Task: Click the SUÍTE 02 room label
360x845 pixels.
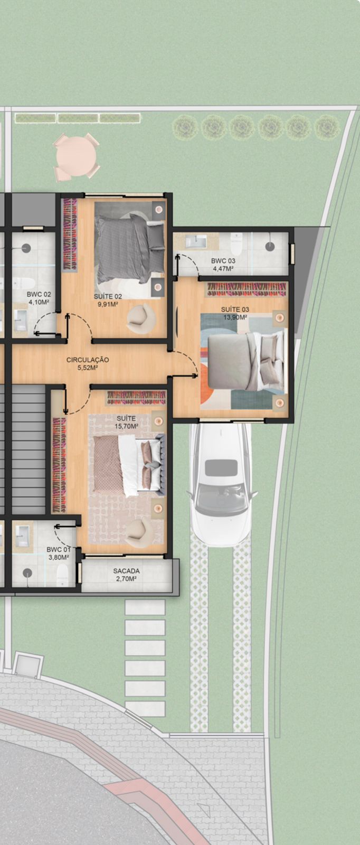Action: (108, 296)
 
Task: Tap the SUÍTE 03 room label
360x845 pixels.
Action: (235, 309)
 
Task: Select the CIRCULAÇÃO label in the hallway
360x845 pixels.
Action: (88, 360)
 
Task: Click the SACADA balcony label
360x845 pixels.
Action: (126, 571)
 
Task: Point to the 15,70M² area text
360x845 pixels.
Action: (126, 426)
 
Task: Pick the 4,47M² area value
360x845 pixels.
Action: (223, 269)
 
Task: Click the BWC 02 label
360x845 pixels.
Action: (39, 294)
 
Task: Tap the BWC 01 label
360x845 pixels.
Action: (59, 550)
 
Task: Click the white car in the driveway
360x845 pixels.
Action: (221, 484)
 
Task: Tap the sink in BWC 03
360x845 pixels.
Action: (196, 241)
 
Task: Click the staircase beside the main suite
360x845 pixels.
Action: (29, 449)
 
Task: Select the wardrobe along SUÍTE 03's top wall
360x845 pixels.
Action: (247, 289)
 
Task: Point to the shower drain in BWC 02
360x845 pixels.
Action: (26, 248)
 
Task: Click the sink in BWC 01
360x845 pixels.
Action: (22, 536)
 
